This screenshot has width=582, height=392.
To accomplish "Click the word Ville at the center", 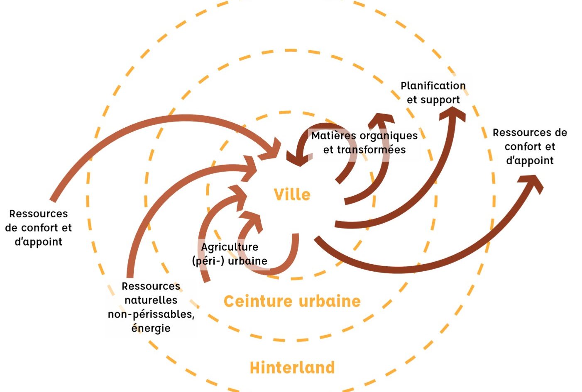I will click(x=292, y=195).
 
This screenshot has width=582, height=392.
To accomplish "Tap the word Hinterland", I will click(x=292, y=368).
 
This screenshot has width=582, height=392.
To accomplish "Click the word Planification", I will click(x=433, y=86).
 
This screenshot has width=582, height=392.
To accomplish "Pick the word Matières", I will click(x=334, y=136).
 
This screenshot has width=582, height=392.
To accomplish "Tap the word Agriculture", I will click(x=230, y=247).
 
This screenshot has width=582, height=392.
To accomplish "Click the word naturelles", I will click(x=151, y=300).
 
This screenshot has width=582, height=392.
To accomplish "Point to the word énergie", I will click(x=151, y=328).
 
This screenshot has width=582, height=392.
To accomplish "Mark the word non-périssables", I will click(x=151, y=314).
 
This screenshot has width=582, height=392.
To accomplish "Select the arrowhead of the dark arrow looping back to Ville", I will click(x=299, y=158).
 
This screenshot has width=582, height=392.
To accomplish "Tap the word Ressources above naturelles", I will click(x=151, y=286).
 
